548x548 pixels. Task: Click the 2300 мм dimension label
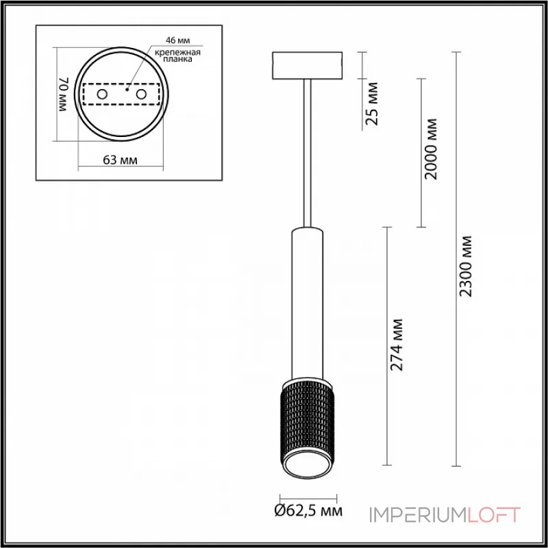pos(466,266)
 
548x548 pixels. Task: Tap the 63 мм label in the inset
pos(121,160)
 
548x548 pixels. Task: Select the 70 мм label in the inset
pos(63,94)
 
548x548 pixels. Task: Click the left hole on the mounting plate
pos(101,93)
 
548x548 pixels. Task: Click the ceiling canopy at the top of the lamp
pos(308,64)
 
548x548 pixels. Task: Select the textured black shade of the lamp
pos(307,425)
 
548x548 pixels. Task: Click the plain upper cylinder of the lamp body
pos(307,301)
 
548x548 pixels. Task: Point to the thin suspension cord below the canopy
pos(308,151)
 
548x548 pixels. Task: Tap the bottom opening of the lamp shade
pos(307,470)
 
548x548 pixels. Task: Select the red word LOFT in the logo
pos(493,514)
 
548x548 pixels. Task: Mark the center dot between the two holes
pos(127,88)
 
